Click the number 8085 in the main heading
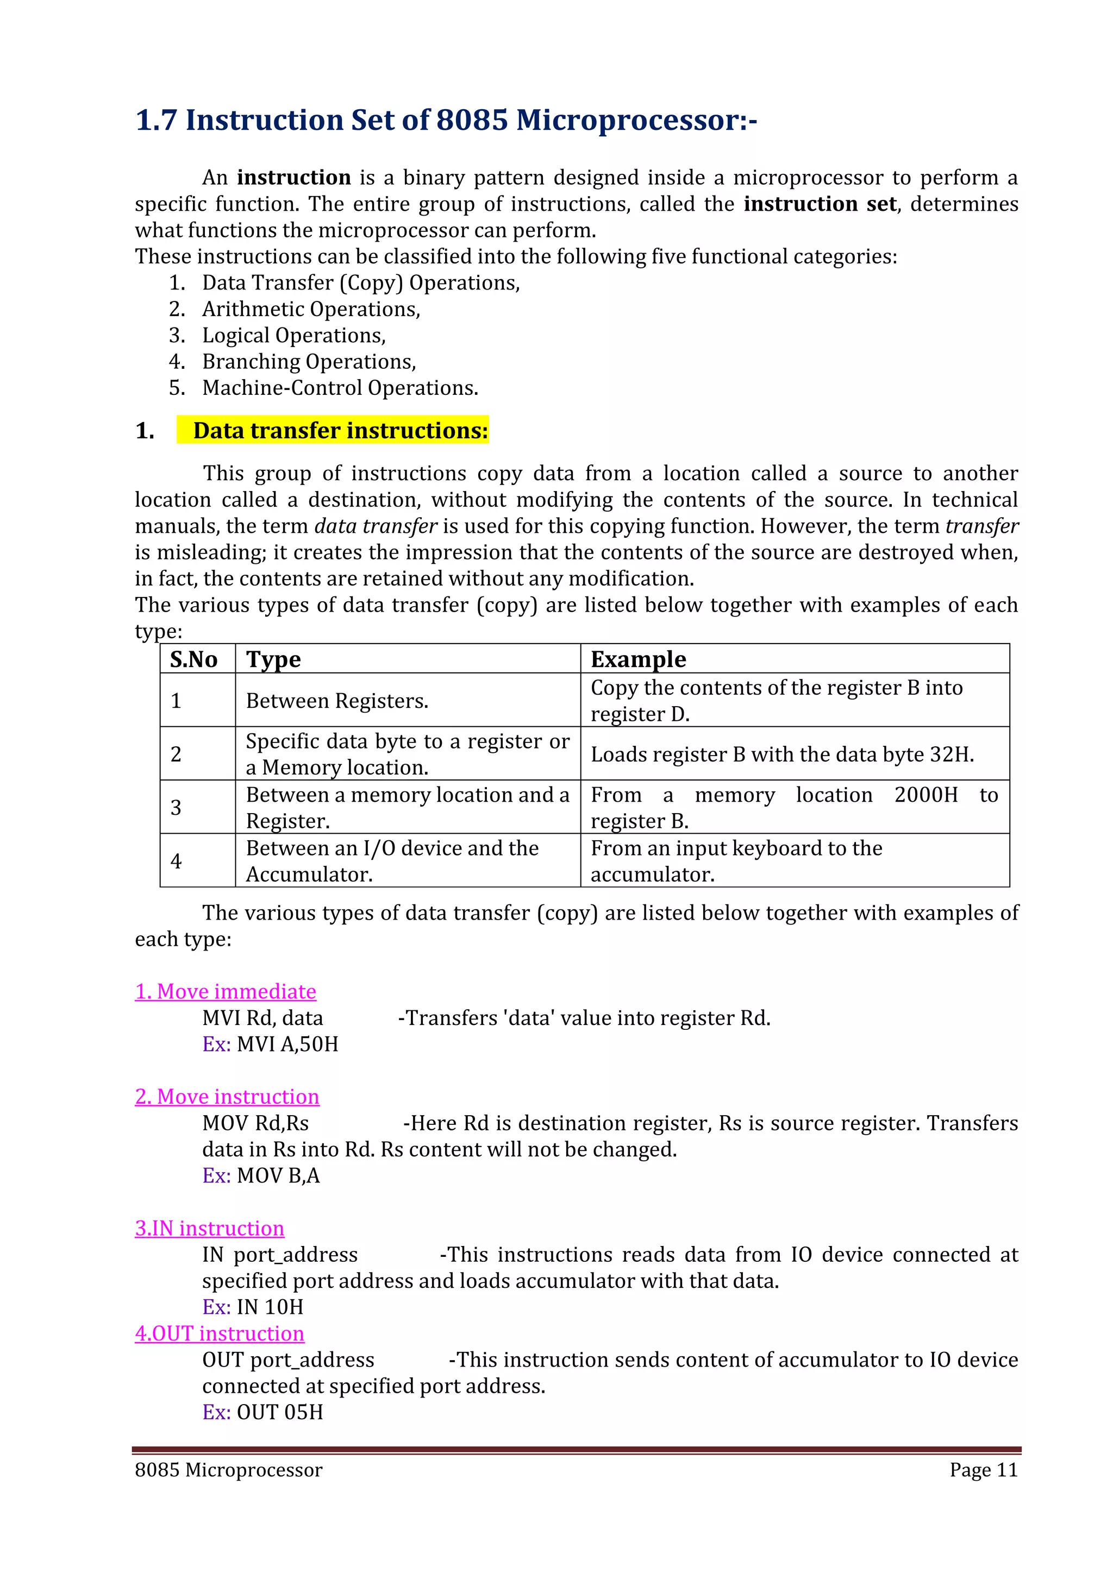pos(472,121)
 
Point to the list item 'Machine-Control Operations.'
pos(340,388)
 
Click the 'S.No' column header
pos(193,659)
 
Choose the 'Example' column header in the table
pos(638,659)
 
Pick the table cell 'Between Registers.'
pos(336,701)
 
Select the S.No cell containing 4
pos(176,861)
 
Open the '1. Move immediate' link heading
pos(226,991)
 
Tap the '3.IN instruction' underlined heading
pos(209,1229)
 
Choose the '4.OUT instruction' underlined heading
pos(220,1333)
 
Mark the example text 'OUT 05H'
pos(280,1412)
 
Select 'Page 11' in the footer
pos(984,1470)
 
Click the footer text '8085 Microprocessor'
pos(228,1470)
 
